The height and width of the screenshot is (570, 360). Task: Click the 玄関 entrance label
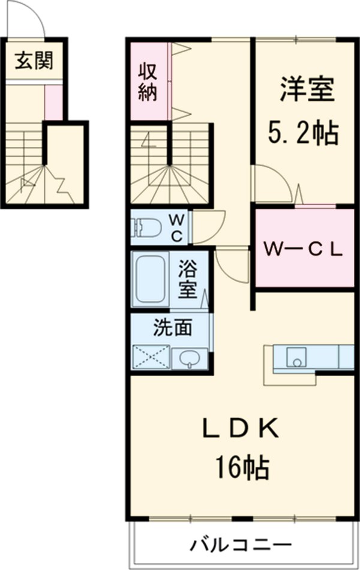(34, 60)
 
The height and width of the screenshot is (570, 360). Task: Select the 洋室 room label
(305, 91)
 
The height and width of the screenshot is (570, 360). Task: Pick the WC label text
(178, 227)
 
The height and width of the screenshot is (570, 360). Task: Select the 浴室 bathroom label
(188, 279)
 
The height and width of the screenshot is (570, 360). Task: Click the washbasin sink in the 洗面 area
(190, 359)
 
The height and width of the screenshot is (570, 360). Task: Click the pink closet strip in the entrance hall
(53, 102)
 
